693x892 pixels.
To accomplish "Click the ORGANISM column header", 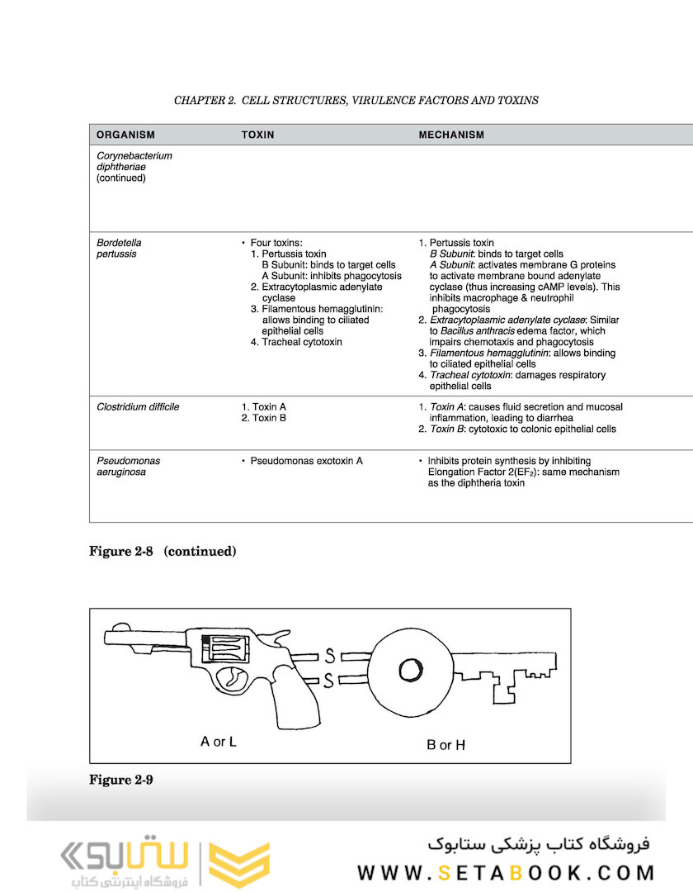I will [x=125, y=135].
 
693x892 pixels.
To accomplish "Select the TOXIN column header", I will [x=257, y=135].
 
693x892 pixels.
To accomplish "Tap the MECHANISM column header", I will [x=451, y=135].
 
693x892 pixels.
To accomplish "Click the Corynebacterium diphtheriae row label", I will [x=134, y=166].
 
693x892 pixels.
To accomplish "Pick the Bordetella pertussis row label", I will [x=119, y=249].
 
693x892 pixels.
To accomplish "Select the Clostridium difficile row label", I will [x=138, y=407].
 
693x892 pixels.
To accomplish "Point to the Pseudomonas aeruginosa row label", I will [x=128, y=467].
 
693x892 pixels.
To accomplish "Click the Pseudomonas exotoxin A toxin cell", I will [x=306, y=461].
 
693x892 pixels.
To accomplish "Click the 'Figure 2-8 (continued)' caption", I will [x=163, y=552].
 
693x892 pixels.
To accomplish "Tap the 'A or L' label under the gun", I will [x=219, y=742].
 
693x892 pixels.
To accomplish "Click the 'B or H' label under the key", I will [x=445, y=745].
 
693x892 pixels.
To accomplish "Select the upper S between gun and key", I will [x=329, y=657].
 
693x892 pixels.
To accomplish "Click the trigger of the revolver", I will [x=233, y=680].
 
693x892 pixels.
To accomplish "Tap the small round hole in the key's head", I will [x=411, y=670].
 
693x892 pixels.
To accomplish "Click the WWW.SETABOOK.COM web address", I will [x=506, y=872].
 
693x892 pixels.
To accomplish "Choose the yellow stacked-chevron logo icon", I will [x=239, y=865].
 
